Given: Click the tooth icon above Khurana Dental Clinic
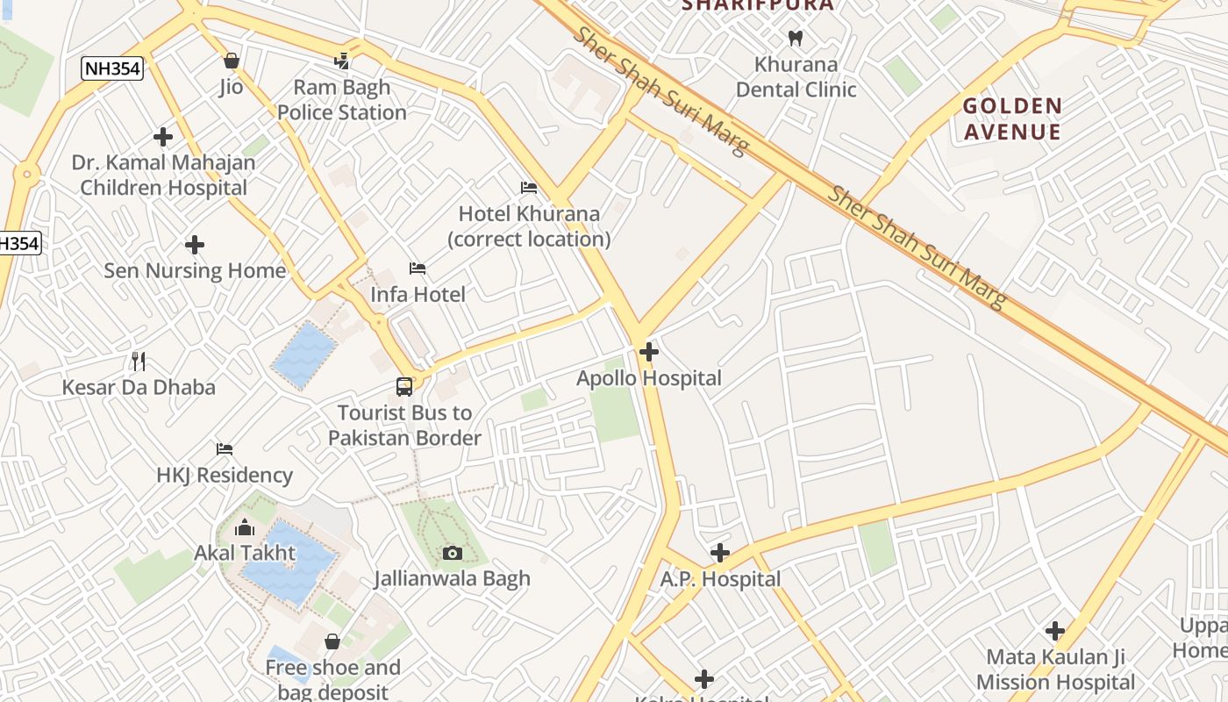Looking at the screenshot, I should point(796,38).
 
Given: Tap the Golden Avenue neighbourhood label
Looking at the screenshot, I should point(1012,119).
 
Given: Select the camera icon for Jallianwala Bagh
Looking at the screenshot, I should point(453,552).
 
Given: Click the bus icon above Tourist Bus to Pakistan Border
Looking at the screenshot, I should point(404,386).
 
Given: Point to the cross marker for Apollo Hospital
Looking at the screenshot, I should point(649,352).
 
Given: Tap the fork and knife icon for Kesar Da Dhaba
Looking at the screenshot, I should point(138,361).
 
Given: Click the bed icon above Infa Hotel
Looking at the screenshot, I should point(418,268).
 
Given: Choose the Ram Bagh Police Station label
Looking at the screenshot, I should point(342,100).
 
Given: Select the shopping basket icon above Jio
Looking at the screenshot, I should point(232,61).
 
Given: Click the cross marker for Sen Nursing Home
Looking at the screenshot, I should point(195,245).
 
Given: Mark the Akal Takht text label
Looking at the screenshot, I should point(245,554).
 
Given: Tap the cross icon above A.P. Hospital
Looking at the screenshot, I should point(720,553).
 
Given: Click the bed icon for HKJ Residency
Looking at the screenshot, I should point(225,448).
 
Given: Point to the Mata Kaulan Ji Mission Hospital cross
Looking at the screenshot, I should point(1055,630).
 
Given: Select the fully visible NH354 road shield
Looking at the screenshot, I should point(112,68).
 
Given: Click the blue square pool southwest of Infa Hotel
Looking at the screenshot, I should point(304,355).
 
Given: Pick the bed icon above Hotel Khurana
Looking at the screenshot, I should point(529,187).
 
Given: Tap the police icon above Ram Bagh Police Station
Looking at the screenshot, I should point(342,61).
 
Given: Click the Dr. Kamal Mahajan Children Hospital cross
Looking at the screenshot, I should point(163,137).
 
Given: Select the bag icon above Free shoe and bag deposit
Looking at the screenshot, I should point(332,641).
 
